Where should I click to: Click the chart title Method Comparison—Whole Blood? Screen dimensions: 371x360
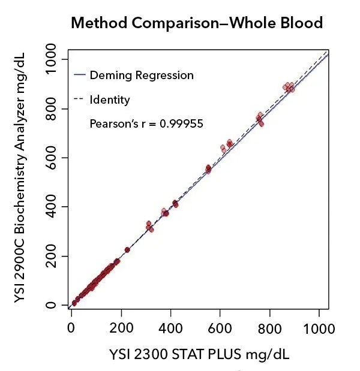point(197,23)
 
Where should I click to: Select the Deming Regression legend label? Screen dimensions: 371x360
point(142,76)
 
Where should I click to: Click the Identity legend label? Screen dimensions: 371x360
point(110,99)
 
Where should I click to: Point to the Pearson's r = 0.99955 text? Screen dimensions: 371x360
point(146,124)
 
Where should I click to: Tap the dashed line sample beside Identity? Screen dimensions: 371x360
point(78,99)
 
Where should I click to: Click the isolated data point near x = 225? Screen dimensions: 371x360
point(127,250)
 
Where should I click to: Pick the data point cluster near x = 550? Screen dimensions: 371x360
point(208,169)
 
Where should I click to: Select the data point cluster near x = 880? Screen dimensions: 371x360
point(289,88)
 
